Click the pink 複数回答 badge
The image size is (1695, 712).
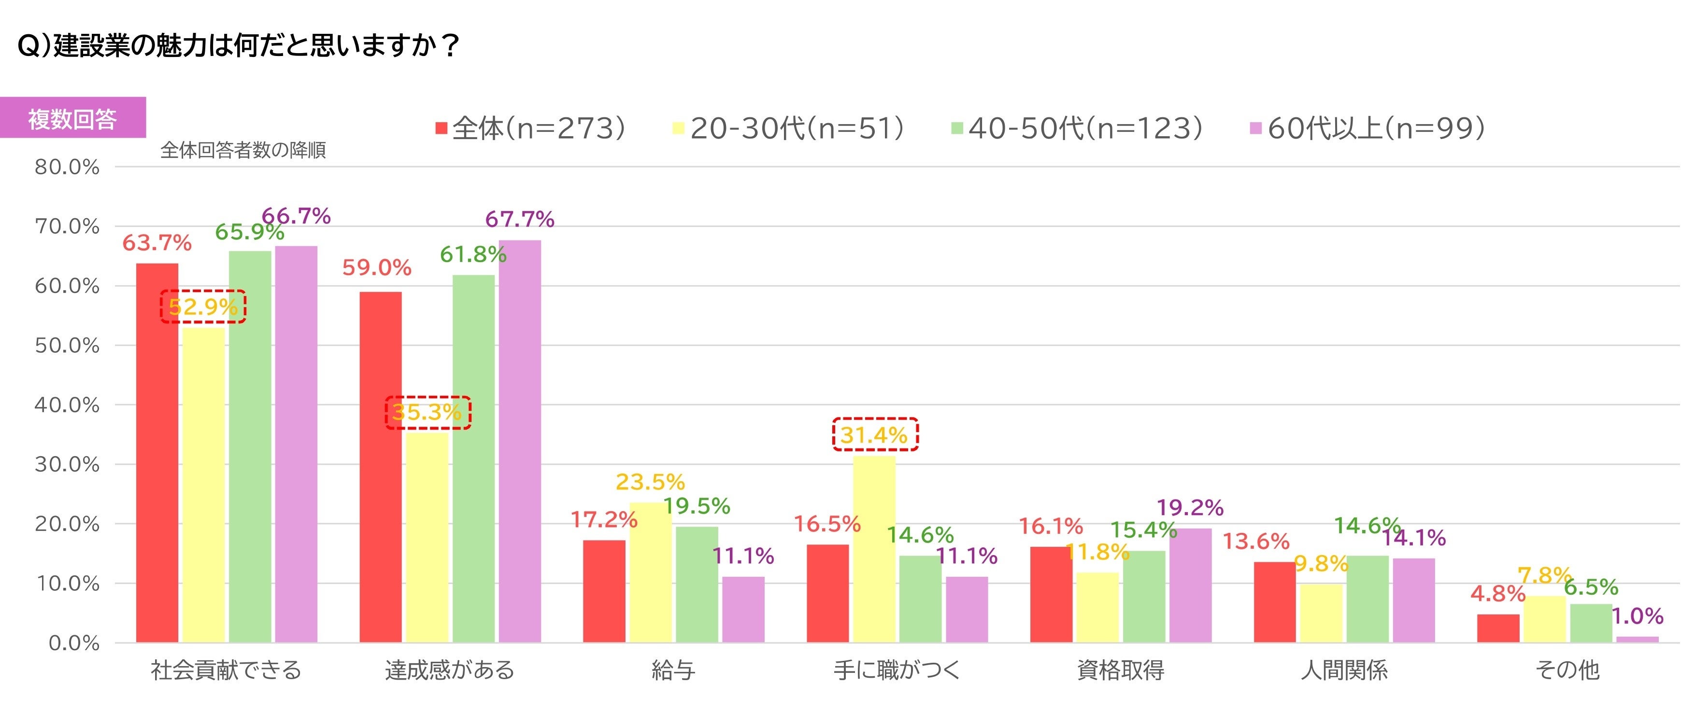[x=72, y=118]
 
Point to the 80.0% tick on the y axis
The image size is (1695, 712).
[x=67, y=167]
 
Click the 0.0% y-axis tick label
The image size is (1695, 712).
[x=74, y=643]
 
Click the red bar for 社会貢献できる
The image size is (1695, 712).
[x=157, y=453]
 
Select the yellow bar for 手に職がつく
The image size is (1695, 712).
[x=874, y=549]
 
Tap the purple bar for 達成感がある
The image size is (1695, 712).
[x=520, y=441]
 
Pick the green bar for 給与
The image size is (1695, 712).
[x=697, y=585]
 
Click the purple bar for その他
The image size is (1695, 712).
[x=1637, y=640]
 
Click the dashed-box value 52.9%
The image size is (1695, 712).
[x=203, y=307]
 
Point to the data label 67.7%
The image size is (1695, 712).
[x=520, y=219]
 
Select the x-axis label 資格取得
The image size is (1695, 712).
[x=1121, y=670]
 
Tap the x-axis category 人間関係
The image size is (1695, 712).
[x=1344, y=670]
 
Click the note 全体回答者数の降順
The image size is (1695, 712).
[x=243, y=151]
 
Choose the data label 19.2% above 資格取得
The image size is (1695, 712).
[x=1190, y=507]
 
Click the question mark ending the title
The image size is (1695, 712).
[x=451, y=45]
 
